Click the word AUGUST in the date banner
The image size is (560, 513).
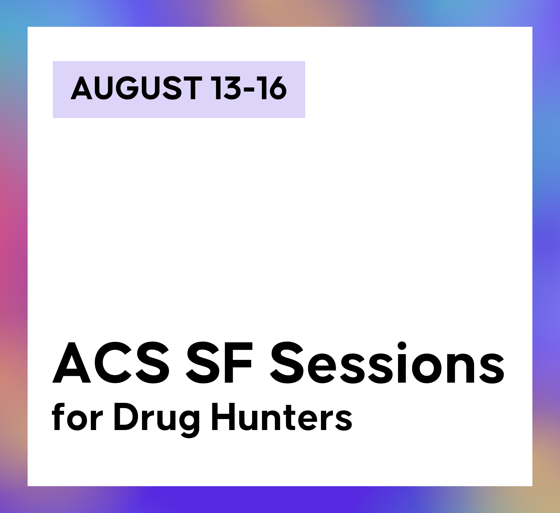tap(136, 87)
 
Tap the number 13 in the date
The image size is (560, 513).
tap(226, 87)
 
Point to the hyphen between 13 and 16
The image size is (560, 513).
tap(249, 90)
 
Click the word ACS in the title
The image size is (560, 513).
tap(110, 362)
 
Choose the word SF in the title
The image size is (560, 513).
tap(219, 362)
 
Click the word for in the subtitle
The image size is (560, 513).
tap(77, 417)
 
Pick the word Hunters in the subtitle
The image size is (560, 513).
tap(282, 417)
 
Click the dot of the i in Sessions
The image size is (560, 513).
tap(402, 346)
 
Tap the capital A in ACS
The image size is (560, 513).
tap(72, 363)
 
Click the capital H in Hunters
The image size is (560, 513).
tap(223, 416)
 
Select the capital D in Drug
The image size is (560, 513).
tap(126, 416)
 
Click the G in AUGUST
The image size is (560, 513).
tap(127, 88)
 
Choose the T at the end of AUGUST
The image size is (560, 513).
tap(193, 88)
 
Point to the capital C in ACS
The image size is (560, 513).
tap(113, 363)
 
